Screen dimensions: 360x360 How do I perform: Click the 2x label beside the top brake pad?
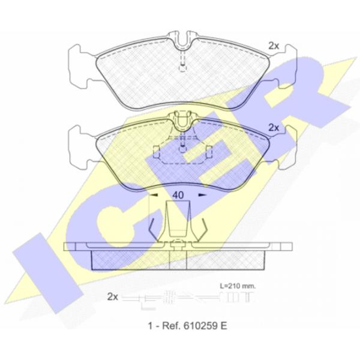coord(274,46)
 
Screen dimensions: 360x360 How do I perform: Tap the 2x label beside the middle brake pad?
coord(274,128)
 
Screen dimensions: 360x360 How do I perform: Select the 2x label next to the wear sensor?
coord(113,297)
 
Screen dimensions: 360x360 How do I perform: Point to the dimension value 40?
coord(178,195)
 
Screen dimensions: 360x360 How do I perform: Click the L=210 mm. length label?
coord(238,286)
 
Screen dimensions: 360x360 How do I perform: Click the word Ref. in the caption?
coord(170,326)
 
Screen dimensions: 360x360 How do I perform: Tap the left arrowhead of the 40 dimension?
coord(154,195)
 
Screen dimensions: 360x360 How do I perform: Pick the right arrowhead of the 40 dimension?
coord(203,195)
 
